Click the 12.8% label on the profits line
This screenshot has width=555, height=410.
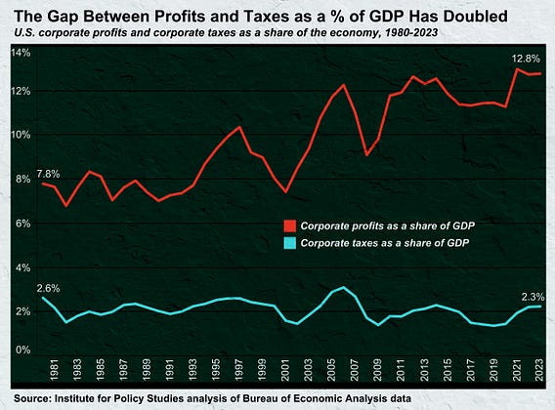point(526,59)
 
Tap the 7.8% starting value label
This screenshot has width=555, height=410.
point(48,174)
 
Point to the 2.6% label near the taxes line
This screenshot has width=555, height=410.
point(48,289)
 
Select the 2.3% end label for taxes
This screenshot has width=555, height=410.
point(533,297)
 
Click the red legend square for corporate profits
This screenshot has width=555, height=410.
point(290,225)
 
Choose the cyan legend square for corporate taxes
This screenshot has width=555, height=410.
point(290,243)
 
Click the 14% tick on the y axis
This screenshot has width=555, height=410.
point(21,53)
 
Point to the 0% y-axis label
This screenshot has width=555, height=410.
point(23,349)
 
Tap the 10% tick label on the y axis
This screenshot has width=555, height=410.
point(21,135)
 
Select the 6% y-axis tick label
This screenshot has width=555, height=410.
point(23,224)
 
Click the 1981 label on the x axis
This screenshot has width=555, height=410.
point(54,370)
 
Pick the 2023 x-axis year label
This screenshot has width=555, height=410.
point(539,370)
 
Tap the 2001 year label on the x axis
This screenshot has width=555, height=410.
point(285,370)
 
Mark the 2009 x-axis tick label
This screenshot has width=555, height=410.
point(377,370)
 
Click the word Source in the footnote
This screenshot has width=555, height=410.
point(31,398)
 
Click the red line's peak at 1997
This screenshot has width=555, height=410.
point(239,127)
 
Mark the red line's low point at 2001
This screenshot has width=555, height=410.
point(285,192)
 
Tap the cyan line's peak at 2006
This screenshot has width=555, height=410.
point(343,287)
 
